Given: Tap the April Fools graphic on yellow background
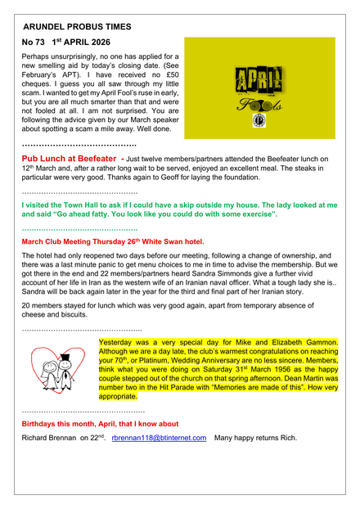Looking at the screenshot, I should click(x=259, y=88).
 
